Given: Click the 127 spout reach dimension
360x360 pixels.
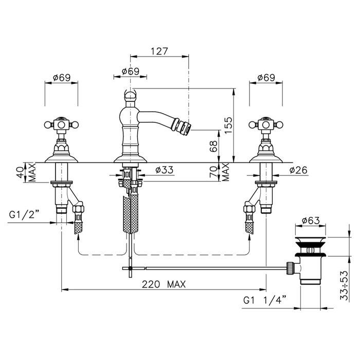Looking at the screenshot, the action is coord(159,51).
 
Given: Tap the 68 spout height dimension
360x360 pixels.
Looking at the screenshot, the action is coord(213,146).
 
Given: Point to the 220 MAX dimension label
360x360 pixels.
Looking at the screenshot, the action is coord(164,284).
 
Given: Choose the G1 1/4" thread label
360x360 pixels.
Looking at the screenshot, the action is coord(265,300).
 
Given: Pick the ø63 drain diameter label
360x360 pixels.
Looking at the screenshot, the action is coord(311,221).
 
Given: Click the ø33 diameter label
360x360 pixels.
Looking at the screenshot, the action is coord(165,170).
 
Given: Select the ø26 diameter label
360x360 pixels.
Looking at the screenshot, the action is coord(298,170).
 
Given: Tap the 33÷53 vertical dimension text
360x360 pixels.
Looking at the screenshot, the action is coord(344,285).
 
